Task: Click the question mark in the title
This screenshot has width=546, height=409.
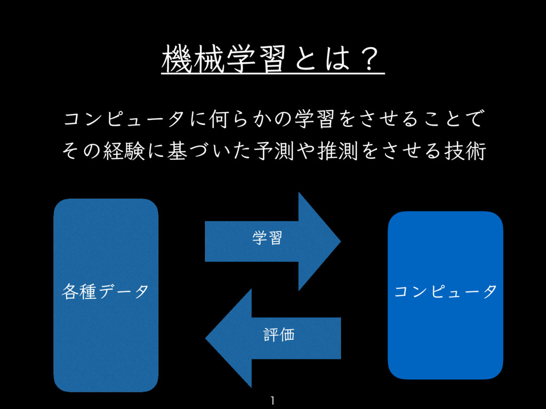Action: click(368, 58)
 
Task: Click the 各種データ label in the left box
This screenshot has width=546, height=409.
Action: click(105, 291)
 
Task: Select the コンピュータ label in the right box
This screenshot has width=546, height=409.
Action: click(446, 291)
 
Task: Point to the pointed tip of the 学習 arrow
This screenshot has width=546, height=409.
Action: click(339, 241)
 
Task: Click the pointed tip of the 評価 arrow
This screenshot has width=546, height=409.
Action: click(207, 338)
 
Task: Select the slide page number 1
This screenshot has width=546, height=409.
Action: click(272, 400)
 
